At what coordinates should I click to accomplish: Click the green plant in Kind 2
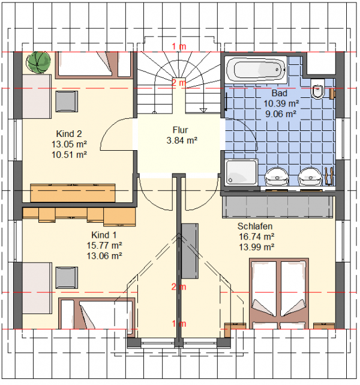(38, 62)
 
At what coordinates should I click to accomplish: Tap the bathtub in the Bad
(256, 70)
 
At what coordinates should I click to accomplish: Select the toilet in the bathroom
(318, 88)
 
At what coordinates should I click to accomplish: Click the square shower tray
(241, 172)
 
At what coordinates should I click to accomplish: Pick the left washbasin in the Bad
(277, 177)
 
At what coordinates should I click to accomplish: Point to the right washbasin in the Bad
(310, 177)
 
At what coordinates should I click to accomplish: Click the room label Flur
(180, 130)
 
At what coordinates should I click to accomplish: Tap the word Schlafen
(255, 226)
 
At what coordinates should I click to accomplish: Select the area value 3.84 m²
(182, 141)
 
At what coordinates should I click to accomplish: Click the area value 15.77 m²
(104, 245)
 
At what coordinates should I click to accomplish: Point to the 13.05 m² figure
(69, 144)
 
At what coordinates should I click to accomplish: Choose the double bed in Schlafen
(279, 294)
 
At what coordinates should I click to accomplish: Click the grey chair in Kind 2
(67, 102)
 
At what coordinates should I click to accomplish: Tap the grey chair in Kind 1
(67, 277)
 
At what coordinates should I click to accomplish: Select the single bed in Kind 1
(97, 314)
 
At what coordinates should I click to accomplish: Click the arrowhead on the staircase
(203, 111)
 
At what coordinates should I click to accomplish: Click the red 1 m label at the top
(179, 46)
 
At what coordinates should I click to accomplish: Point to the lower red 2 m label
(179, 286)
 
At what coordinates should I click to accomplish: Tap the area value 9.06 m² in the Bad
(281, 114)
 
